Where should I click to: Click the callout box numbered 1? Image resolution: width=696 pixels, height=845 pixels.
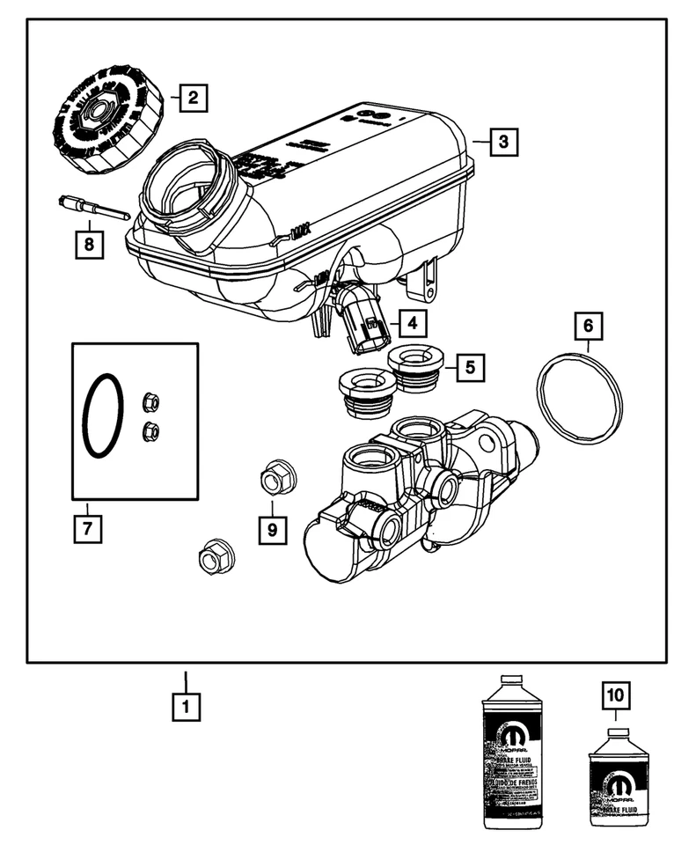click(x=185, y=705)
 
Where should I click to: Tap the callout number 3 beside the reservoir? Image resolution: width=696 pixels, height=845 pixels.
click(x=502, y=141)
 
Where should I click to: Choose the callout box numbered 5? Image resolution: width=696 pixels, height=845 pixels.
click(x=470, y=366)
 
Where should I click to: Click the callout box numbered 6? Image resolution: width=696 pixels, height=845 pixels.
click(x=589, y=327)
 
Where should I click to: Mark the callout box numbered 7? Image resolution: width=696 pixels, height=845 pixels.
click(x=87, y=529)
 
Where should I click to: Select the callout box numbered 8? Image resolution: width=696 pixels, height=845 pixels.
click(x=88, y=244)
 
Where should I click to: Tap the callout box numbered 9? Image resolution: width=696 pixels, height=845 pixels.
click(x=272, y=529)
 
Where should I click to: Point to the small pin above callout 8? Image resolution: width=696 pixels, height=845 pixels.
click(x=93, y=209)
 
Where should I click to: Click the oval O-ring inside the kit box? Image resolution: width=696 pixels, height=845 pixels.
click(x=102, y=416)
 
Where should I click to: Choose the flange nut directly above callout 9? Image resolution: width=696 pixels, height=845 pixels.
click(x=278, y=478)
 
